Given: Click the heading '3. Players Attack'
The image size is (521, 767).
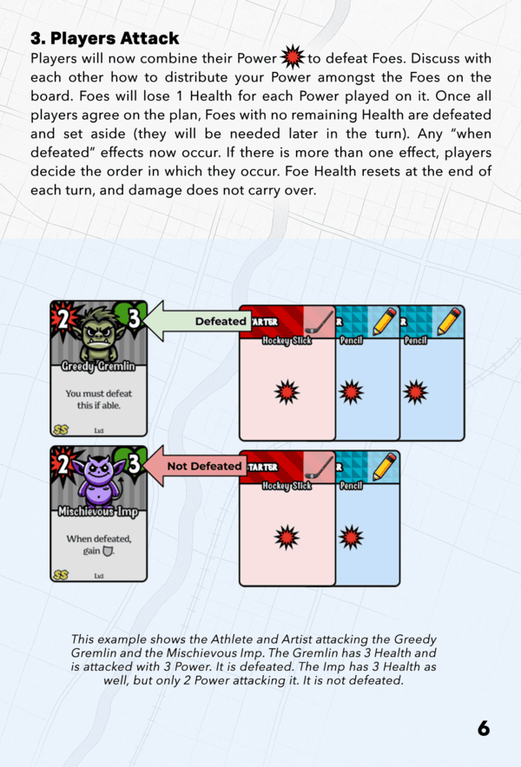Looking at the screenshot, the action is [x=105, y=38].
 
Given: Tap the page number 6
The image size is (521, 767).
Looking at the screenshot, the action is [x=484, y=728].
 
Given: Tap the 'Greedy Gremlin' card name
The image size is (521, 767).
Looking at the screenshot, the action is [x=98, y=366].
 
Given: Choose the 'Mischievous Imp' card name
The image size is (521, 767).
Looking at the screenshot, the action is [x=98, y=512].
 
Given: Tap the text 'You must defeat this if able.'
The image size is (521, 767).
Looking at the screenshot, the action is [x=98, y=399].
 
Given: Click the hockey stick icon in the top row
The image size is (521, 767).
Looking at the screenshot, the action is [x=320, y=321].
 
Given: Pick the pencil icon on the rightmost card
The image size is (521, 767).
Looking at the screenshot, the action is [x=449, y=321].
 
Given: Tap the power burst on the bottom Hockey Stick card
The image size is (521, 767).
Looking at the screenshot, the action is [x=287, y=537].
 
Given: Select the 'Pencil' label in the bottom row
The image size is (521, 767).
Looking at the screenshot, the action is [x=351, y=486].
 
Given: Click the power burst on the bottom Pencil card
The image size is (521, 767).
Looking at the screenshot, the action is [x=351, y=537].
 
